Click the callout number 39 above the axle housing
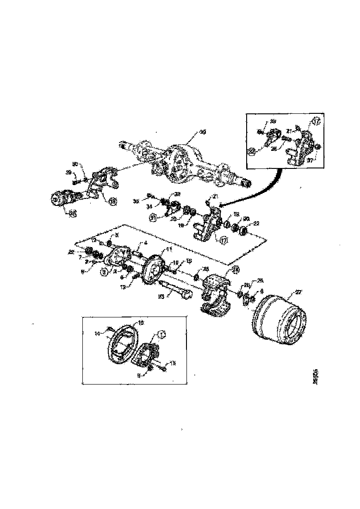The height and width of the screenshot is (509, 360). pos(202,132)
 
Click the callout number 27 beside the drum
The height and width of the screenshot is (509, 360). pos(298,292)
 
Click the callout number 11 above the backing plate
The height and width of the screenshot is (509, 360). pos(169,249)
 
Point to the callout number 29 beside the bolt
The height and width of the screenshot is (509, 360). pos(68,172)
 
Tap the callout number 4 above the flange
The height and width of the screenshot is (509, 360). pos(146,242)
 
